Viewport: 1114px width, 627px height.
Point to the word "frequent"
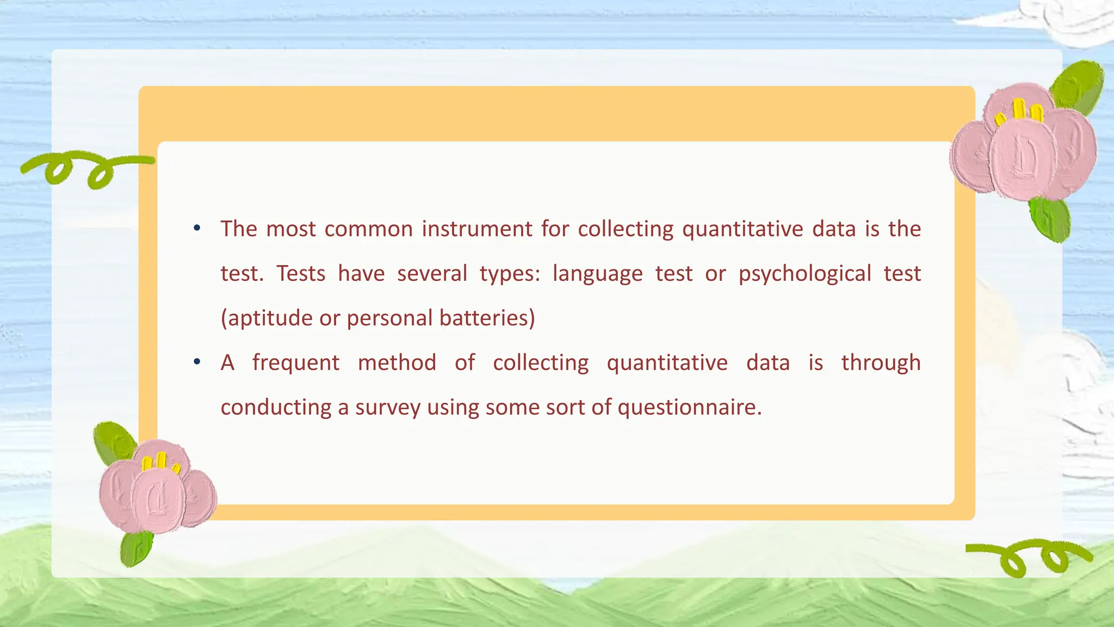coord(296,363)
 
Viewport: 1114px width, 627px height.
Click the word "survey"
coord(388,408)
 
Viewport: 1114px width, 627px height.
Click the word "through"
coord(881,363)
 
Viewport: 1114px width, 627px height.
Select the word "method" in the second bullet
coord(397,362)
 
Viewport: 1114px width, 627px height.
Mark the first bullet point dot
coord(197,228)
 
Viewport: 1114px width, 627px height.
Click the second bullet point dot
coord(197,361)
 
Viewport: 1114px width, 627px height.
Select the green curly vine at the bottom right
coord(1028,558)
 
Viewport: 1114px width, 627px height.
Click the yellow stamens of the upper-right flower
coord(1019,112)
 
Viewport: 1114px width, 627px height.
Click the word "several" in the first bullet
coord(432,274)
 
